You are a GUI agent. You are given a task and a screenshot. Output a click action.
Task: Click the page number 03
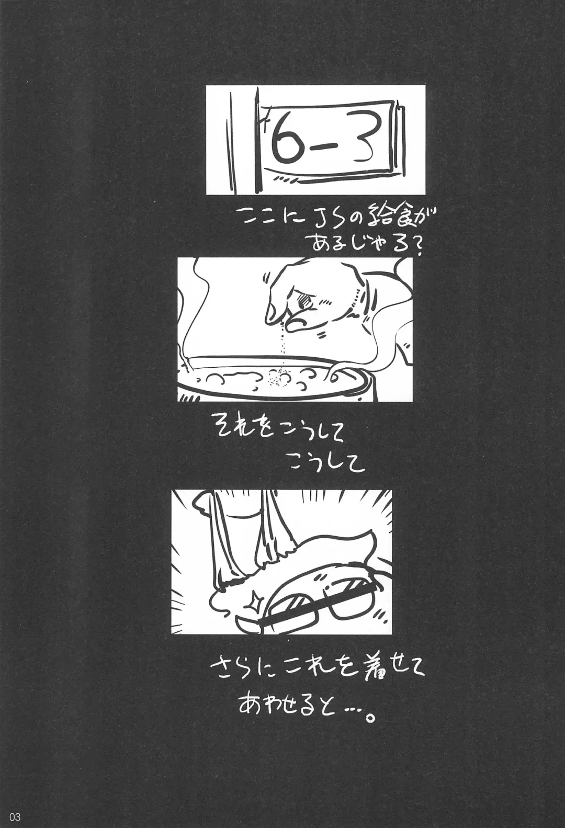pos(14,817)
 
